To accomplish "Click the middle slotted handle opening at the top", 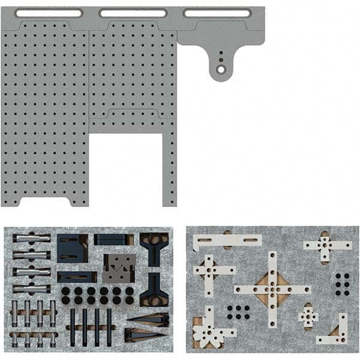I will click(x=133, y=13).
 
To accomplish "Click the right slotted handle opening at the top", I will click(x=218, y=13).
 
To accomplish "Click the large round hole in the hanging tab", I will click(x=221, y=70).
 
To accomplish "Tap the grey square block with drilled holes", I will click(x=119, y=268).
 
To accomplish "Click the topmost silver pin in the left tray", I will click(x=31, y=238).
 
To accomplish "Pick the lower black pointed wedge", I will click(x=146, y=334).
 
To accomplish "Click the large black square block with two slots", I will click(x=72, y=248).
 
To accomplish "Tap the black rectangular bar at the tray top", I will click(x=113, y=239).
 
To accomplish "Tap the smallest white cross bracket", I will click(x=308, y=316).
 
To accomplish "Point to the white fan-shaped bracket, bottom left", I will click(x=207, y=329).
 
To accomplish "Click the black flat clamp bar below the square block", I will click(x=77, y=277).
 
